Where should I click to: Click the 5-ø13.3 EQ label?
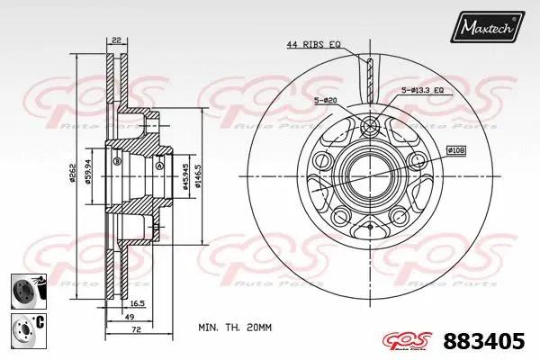(x=424, y=90)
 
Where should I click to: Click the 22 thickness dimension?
(x=117, y=40)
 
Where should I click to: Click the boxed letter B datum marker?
(x=117, y=162)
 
